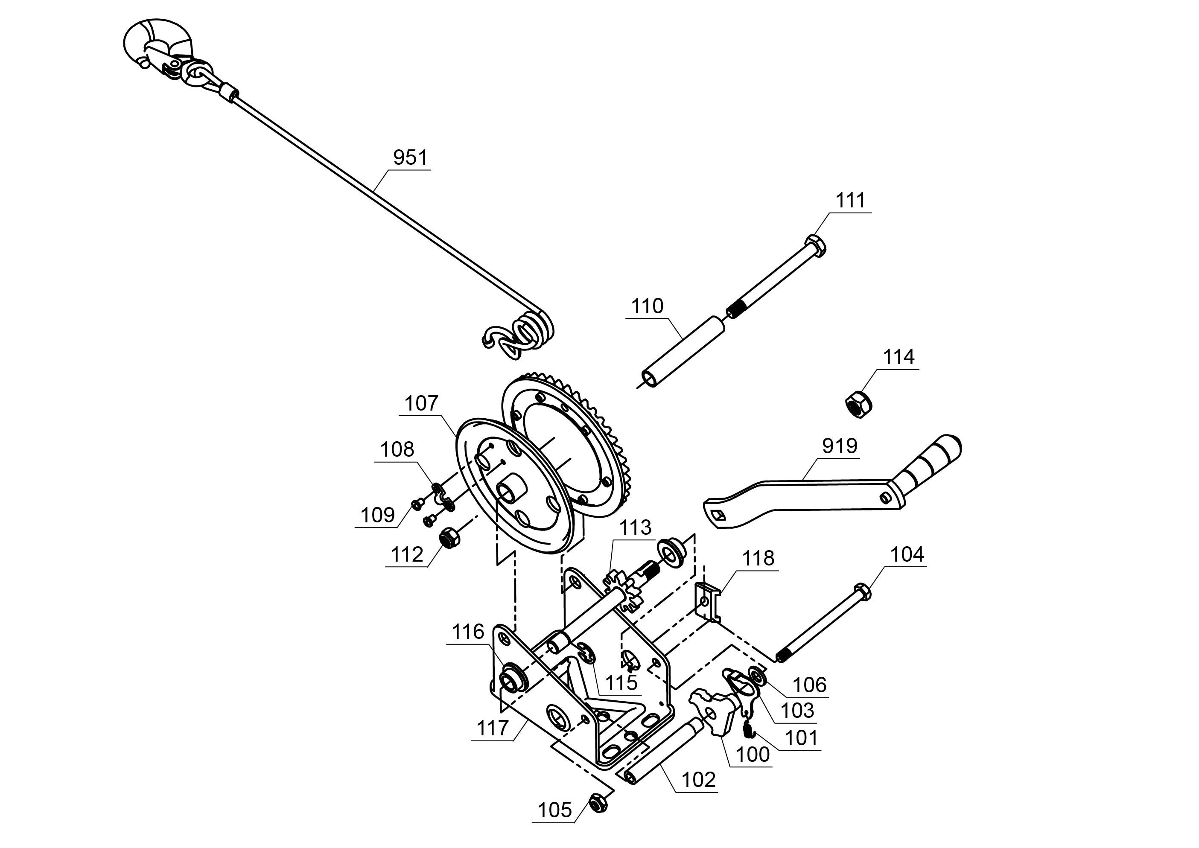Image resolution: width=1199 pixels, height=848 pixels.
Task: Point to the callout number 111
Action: click(850, 201)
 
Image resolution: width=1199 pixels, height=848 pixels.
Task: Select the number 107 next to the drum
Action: click(421, 404)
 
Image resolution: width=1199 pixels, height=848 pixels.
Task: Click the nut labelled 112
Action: click(449, 537)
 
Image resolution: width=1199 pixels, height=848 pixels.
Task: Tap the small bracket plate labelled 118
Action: click(708, 602)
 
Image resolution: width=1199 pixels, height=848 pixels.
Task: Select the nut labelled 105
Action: click(598, 803)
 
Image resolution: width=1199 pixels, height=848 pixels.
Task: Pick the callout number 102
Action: click(698, 780)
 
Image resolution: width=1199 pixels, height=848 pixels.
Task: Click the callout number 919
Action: click(839, 446)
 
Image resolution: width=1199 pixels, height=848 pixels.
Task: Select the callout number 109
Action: click(378, 516)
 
